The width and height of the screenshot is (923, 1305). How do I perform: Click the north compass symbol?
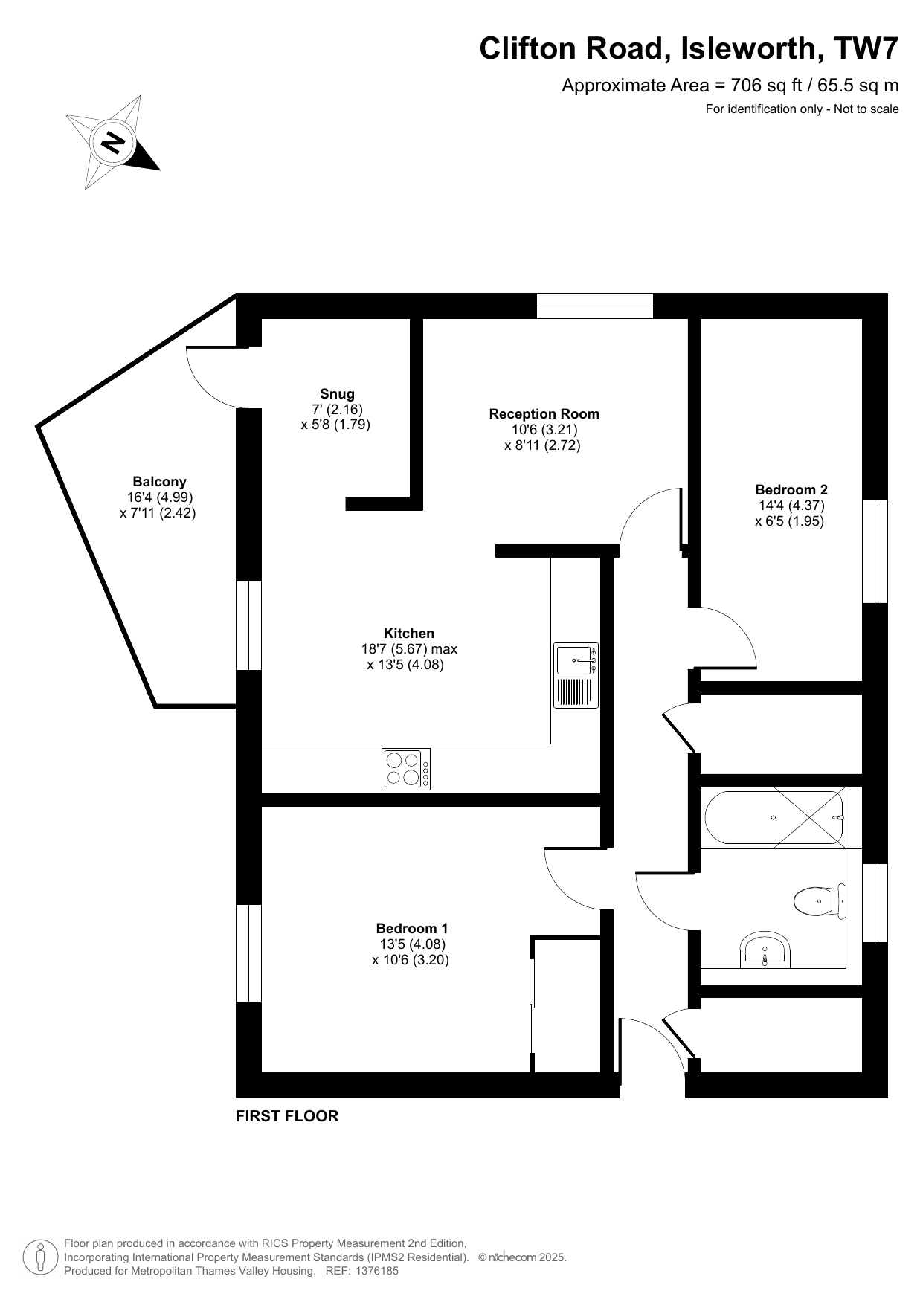tap(113, 142)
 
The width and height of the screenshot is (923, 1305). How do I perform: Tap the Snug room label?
tap(337, 394)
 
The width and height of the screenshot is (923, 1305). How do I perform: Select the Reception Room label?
tap(544, 414)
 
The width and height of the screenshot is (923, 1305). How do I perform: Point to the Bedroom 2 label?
tap(791, 490)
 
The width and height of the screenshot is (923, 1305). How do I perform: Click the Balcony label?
tap(159, 482)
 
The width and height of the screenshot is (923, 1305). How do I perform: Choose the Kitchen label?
tap(408, 634)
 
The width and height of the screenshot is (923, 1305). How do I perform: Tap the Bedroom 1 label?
tap(411, 929)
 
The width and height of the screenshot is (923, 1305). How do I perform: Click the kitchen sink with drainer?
tap(576, 675)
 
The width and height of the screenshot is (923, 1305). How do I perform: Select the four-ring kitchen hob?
tap(406, 769)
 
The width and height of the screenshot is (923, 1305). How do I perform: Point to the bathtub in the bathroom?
tap(774, 817)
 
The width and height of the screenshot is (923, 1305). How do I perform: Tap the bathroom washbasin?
tap(765, 950)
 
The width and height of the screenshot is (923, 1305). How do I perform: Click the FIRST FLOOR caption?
tap(287, 1116)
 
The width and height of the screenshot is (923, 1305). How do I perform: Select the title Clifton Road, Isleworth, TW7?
tap(689, 48)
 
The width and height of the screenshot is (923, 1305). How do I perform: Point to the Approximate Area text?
tap(730, 86)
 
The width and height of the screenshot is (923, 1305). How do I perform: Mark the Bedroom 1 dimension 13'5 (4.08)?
tap(412, 944)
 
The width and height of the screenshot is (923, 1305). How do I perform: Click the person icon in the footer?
tap(42, 1257)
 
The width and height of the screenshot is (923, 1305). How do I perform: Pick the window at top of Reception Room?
tap(595, 306)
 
